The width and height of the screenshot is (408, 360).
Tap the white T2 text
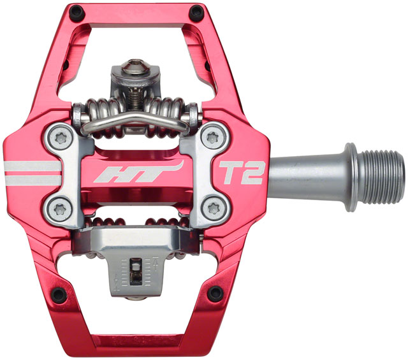[x=242, y=171]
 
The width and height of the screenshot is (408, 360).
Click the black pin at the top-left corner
[x=76, y=11]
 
